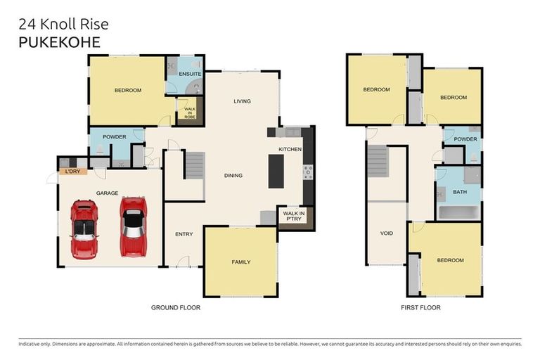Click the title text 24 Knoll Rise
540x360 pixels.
(x=64, y=25)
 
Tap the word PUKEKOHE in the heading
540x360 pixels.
(x=60, y=42)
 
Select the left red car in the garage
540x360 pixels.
(x=84, y=229)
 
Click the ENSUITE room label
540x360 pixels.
(x=190, y=73)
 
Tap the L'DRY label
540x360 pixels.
(x=71, y=172)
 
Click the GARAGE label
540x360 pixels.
(x=107, y=193)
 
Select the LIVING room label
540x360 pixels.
(x=243, y=101)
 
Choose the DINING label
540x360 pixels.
(x=233, y=175)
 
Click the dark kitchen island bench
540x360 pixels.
(x=276, y=171)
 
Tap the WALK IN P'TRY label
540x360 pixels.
(x=292, y=216)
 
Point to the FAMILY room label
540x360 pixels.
(x=241, y=262)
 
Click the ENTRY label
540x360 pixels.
(x=184, y=236)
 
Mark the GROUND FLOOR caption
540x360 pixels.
(x=176, y=307)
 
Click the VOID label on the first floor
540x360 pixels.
(x=386, y=233)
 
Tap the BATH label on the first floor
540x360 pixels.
(x=460, y=191)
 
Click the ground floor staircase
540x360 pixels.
(x=195, y=166)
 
